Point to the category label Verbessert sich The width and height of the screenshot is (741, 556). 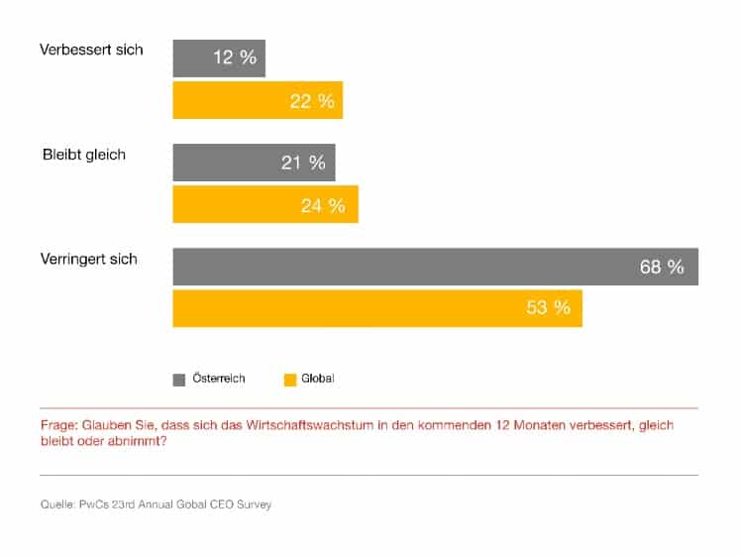click(x=91, y=50)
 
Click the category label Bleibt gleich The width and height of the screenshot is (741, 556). click(x=84, y=155)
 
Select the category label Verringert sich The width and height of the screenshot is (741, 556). click(x=89, y=259)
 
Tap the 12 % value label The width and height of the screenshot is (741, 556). click(x=235, y=57)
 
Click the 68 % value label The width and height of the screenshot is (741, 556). click(x=662, y=267)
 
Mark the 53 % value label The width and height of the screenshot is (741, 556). click(x=548, y=308)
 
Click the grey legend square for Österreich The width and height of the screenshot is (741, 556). click(x=179, y=379)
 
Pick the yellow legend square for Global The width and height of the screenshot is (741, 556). click(x=290, y=379)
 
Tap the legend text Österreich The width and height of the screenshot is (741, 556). click(x=218, y=379)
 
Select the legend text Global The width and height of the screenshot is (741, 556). click(x=318, y=379)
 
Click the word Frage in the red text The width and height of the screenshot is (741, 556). click(x=57, y=424)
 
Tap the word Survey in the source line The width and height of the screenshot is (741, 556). click(x=252, y=504)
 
